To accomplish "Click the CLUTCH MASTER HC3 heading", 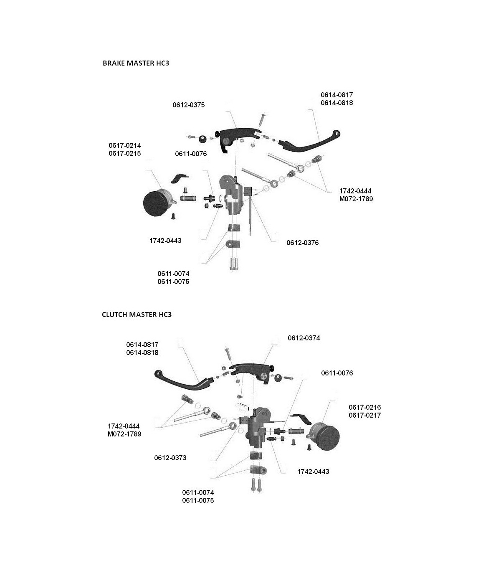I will pos(137,314).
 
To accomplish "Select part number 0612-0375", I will pos(189,105).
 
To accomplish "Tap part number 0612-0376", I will pos(302,243).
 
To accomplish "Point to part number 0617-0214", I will pos(125,146).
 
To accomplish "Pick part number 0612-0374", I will pos(304,338).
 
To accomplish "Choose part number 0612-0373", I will pos(170,458).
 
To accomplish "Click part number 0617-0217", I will pos(365,415).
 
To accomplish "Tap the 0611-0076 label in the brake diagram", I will pos(191,154).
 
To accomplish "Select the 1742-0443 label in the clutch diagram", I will pos(313,472).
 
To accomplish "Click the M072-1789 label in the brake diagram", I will pos(356,199).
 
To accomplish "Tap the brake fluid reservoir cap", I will pos(154,204).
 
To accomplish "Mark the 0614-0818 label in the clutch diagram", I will pos(142,352).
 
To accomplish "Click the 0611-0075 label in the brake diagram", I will pos(173,281).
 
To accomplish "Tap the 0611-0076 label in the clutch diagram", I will pos(337,373).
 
